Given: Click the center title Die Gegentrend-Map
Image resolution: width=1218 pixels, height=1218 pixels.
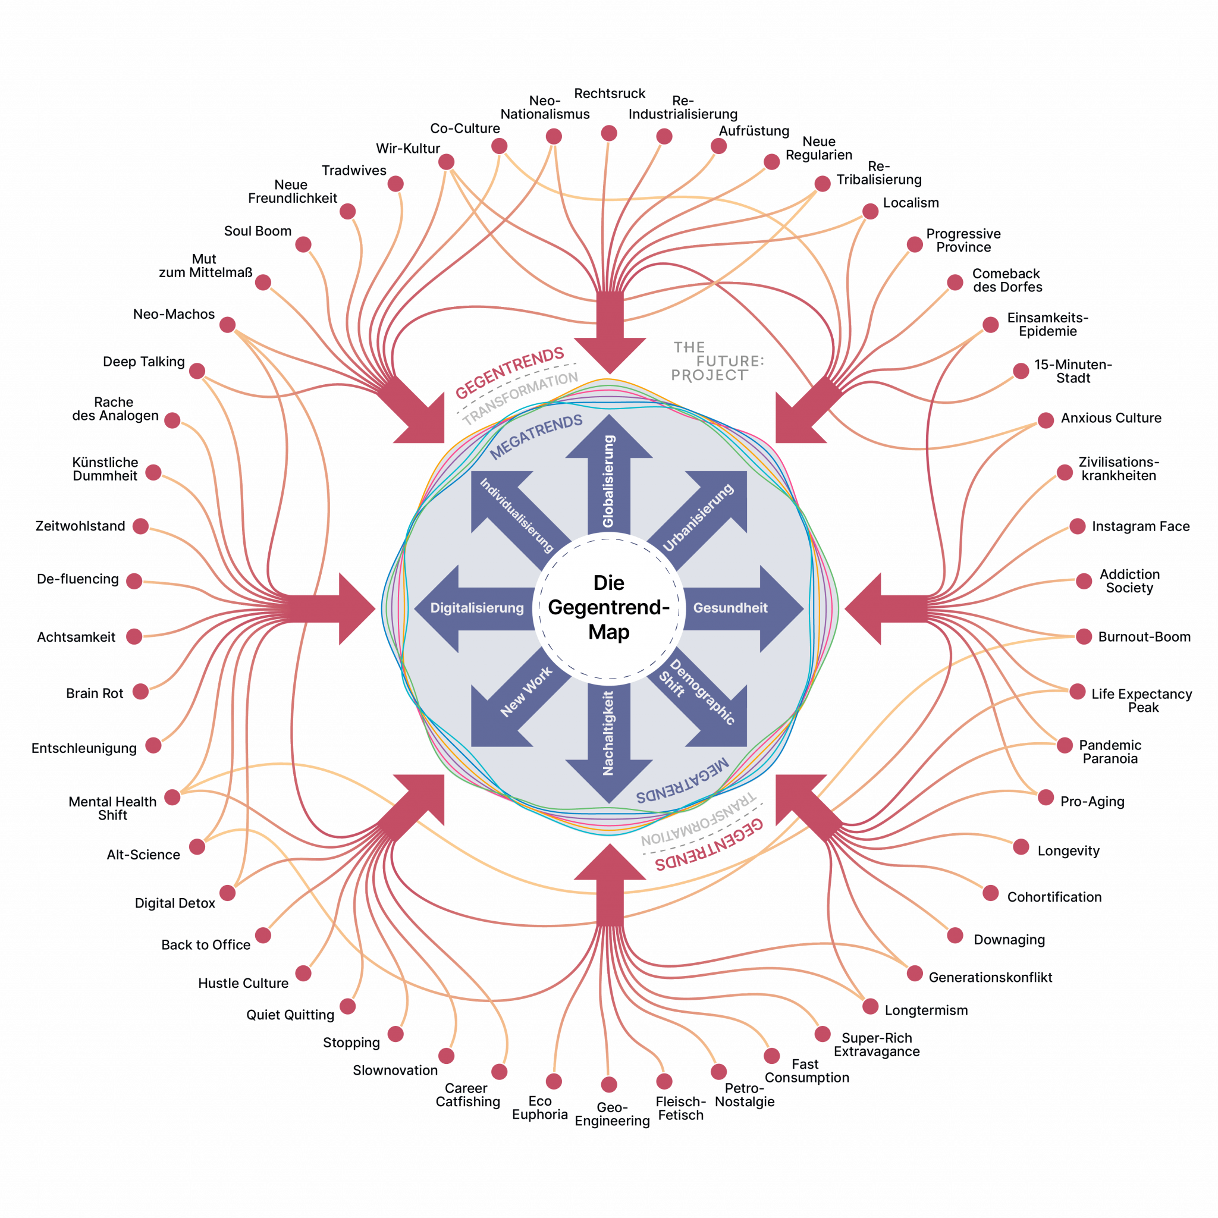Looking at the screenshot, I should [x=609, y=607].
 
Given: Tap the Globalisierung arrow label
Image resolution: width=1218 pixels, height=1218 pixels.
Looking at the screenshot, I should [x=608, y=481].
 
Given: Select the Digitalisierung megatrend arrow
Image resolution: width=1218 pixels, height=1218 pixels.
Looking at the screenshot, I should [x=476, y=608].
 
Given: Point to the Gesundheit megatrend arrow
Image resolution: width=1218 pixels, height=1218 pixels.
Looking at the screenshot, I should [x=731, y=608].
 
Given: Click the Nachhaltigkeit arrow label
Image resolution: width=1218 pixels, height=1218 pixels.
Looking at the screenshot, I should [x=608, y=733].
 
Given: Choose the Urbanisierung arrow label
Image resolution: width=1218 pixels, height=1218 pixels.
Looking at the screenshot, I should [x=699, y=517].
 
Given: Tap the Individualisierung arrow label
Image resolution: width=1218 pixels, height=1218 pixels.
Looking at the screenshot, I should [x=516, y=515].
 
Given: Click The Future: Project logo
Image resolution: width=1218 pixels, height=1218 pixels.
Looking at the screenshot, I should [x=717, y=361].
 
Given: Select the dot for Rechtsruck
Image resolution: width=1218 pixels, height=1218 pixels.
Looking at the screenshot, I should [x=609, y=133].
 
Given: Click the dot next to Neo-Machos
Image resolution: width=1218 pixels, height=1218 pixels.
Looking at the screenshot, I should [x=228, y=325].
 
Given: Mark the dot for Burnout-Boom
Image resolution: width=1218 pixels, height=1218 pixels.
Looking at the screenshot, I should [x=1084, y=636].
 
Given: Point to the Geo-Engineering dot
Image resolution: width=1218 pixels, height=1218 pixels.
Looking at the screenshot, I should [x=609, y=1084].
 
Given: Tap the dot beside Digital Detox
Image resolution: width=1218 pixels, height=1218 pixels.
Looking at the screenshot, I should [x=228, y=893].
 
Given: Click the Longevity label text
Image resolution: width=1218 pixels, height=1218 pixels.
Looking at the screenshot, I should [x=1068, y=851].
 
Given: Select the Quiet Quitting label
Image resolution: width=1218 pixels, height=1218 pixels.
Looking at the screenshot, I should [x=290, y=1015].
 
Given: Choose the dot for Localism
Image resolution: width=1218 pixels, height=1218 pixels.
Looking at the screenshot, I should [x=871, y=211].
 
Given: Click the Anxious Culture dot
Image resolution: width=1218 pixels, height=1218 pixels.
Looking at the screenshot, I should [x=1046, y=420].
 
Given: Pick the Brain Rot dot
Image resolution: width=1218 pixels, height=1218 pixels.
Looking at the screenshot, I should [x=140, y=692].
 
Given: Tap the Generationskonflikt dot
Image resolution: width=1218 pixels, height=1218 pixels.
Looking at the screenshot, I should [x=915, y=973].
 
